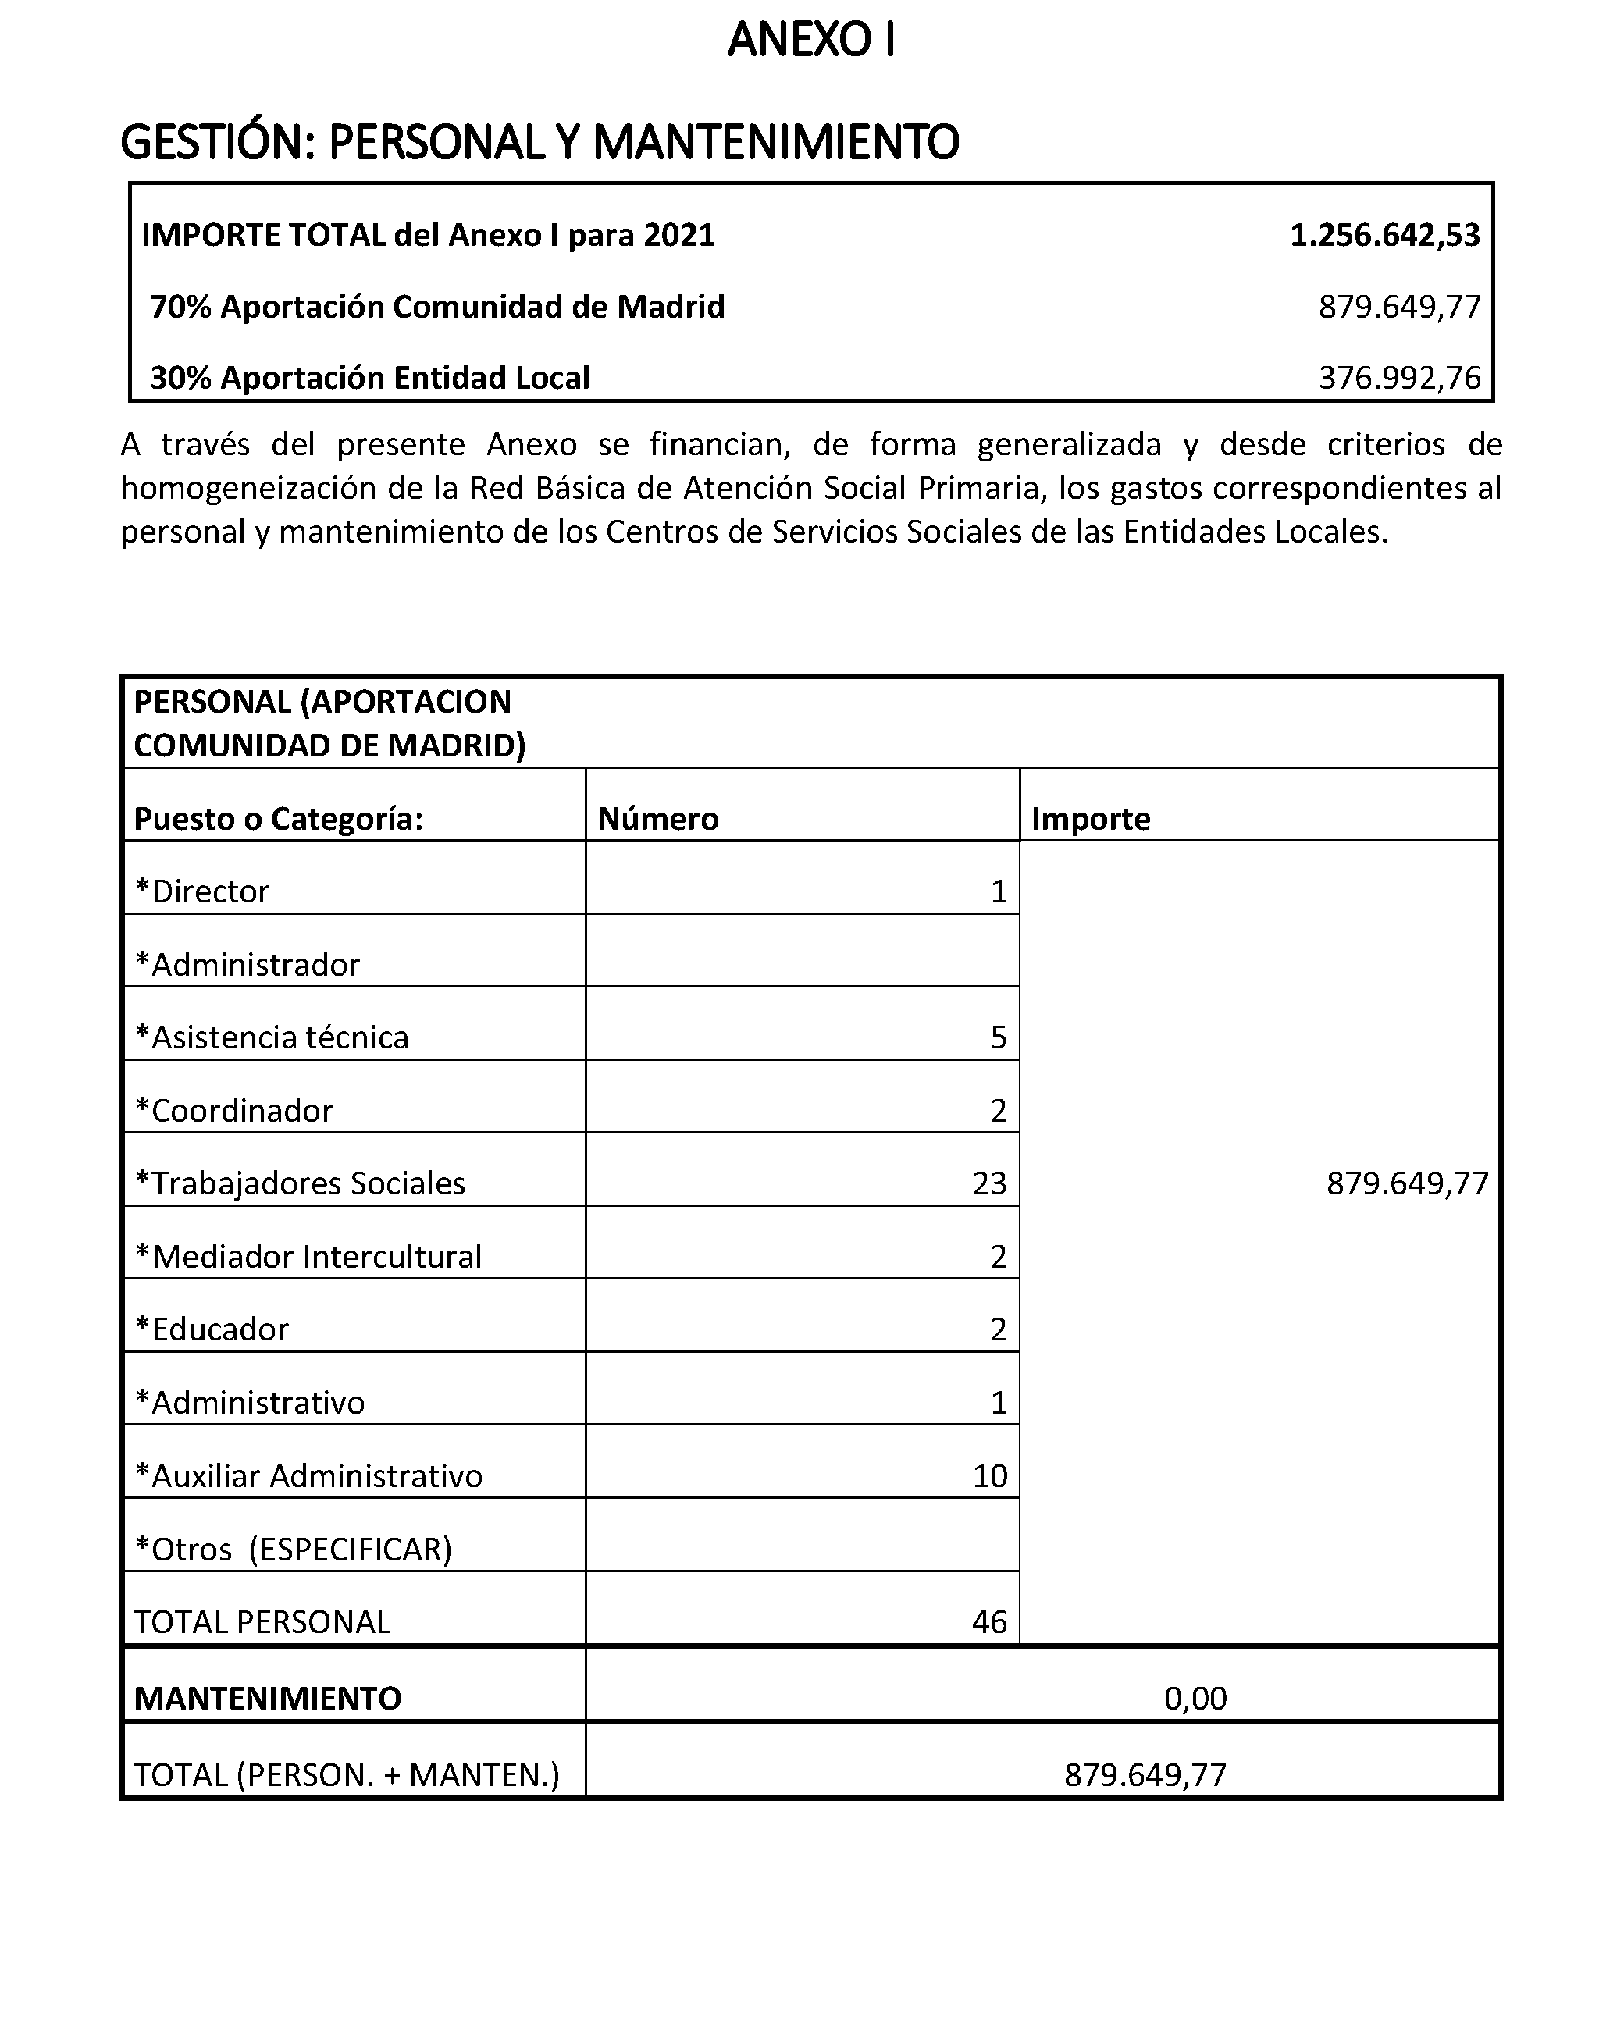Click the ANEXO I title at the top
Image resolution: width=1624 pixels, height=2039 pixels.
(x=810, y=40)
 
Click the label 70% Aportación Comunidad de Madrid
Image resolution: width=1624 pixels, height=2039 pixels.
(x=437, y=307)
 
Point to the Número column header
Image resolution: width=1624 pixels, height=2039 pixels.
(x=657, y=818)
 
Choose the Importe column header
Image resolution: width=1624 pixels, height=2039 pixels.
(x=1090, y=818)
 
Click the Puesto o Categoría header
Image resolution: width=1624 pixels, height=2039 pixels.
(x=278, y=818)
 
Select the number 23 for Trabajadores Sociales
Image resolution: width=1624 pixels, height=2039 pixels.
(x=989, y=1183)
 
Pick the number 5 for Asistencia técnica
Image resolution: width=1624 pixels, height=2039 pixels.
(x=998, y=1037)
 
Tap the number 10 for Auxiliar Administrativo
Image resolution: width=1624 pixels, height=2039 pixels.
(x=989, y=1475)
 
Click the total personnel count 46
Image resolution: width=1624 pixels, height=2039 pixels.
(x=989, y=1622)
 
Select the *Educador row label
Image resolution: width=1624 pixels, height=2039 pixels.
(x=211, y=1329)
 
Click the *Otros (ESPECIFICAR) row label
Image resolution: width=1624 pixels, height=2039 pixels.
(x=294, y=1549)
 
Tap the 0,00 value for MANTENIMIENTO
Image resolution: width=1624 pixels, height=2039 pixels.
(x=1195, y=1699)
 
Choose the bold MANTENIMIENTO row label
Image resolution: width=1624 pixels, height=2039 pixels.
(x=268, y=1699)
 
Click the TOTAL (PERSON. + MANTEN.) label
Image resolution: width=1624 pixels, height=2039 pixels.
(x=346, y=1775)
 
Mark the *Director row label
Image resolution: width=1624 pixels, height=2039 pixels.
(x=201, y=891)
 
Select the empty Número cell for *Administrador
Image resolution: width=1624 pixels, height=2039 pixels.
(x=801, y=951)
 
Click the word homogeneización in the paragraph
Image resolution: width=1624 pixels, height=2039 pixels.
(x=249, y=488)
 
